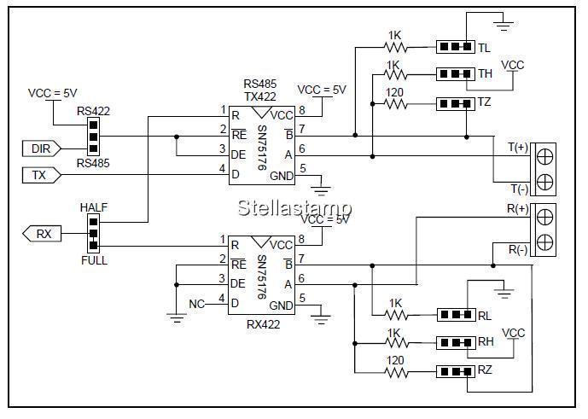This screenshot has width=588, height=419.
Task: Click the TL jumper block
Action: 455,47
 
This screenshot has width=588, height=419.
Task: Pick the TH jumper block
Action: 455,74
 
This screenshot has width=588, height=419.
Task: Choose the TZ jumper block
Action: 455,104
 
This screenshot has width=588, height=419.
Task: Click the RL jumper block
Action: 455,315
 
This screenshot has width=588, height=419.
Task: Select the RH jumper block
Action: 455,343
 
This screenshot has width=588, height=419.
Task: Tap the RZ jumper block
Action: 455,371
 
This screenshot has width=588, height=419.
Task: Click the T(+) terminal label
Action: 517,146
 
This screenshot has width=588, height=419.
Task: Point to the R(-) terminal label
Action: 517,250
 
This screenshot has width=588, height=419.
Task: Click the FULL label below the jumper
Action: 93,260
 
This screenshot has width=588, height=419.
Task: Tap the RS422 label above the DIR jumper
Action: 93,111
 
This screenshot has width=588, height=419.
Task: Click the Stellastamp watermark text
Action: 294,207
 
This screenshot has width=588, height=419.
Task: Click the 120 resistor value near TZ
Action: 394,93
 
